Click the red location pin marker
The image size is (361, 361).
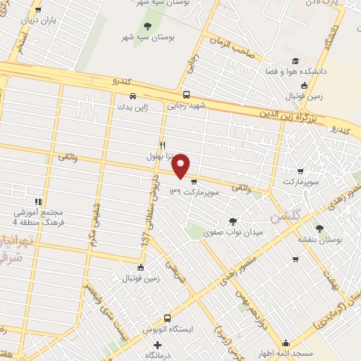click(182, 165)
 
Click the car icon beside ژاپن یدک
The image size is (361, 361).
click(132, 96)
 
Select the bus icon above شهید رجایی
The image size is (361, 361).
click(186, 95)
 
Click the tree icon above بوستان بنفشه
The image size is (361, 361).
click(319, 228)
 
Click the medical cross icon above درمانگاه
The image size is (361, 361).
click(157, 345)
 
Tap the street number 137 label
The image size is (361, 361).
click(144, 240)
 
